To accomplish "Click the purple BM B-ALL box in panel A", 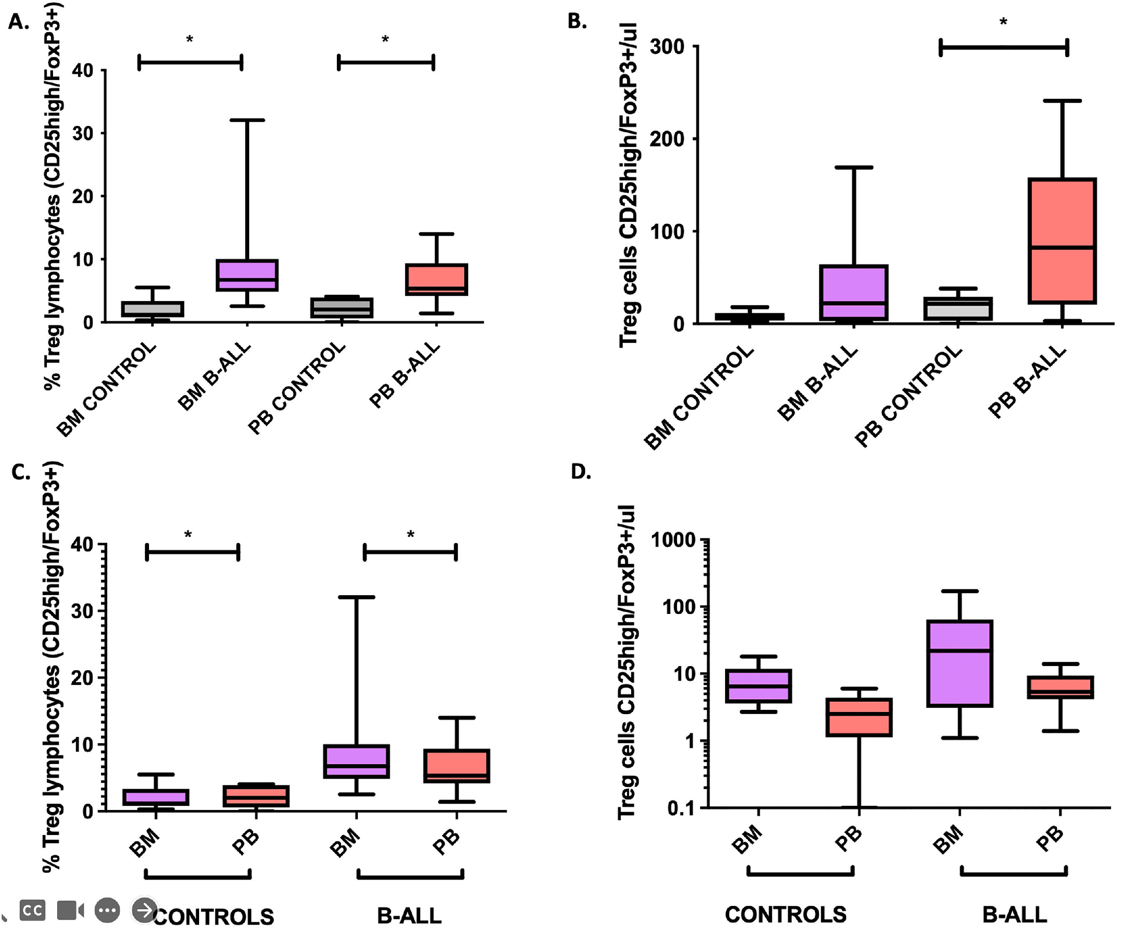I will [x=246, y=275].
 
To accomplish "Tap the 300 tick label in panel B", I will [x=667, y=47].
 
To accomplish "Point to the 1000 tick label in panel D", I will [x=674, y=541].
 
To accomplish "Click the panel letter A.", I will [x=18, y=23].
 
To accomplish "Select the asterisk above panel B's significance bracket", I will [x=1003, y=23].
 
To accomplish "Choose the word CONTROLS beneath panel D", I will [x=786, y=915].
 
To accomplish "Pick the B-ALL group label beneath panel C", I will [x=409, y=916].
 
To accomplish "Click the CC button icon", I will [x=33, y=910].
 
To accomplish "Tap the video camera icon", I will [x=70, y=910].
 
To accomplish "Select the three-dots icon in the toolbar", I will [x=107, y=910].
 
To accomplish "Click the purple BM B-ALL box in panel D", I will [x=960, y=663].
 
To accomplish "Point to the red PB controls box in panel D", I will [x=859, y=717].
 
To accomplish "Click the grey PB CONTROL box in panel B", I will [x=958, y=309].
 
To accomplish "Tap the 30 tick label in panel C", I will [x=82, y=611].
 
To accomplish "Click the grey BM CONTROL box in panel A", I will [x=152, y=309].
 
